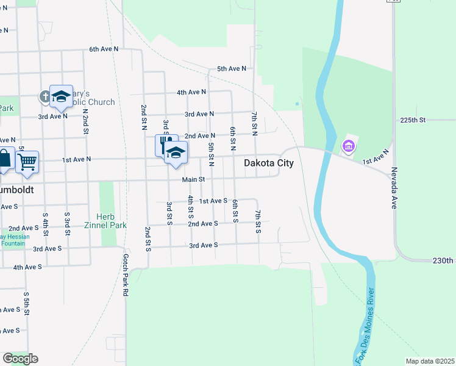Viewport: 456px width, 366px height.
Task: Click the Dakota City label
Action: pyautogui.click(x=269, y=163)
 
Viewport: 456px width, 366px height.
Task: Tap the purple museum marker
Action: pyautogui.click(x=349, y=146)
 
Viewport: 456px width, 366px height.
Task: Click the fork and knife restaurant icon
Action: pyautogui.click(x=164, y=143)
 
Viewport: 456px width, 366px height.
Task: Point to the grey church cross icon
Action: pyautogui.click(x=45, y=96)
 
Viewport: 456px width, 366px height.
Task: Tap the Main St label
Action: pyautogui.click(x=193, y=180)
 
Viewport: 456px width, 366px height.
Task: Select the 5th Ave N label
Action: pyautogui.click(x=232, y=69)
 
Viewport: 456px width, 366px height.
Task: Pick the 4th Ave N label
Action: pyautogui.click(x=191, y=92)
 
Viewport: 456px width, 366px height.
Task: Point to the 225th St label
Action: pyautogui.click(x=412, y=120)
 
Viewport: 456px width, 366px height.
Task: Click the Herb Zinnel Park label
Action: pyautogui.click(x=107, y=221)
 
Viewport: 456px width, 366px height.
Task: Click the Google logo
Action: pyautogui.click(x=20, y=359)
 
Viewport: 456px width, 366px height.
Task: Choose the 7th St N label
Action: pyautogui.click(x=254, y=124)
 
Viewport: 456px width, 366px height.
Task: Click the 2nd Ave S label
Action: pyautogui.click(x=203, y=224)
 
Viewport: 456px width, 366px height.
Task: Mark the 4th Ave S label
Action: pyautogui.click(x=27, y=267)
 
